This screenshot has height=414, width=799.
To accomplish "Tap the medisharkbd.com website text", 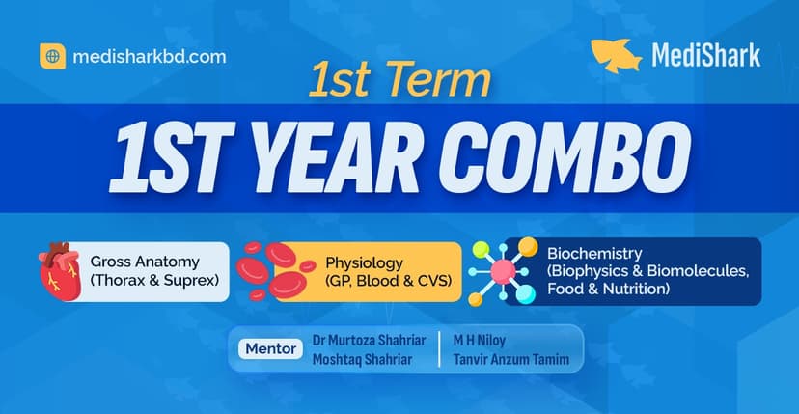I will coord(150,56).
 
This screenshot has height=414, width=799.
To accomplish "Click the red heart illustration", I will coord(62,271).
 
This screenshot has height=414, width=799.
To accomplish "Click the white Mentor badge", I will coord(266,348).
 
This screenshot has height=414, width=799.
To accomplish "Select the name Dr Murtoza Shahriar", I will coord(369,340).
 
